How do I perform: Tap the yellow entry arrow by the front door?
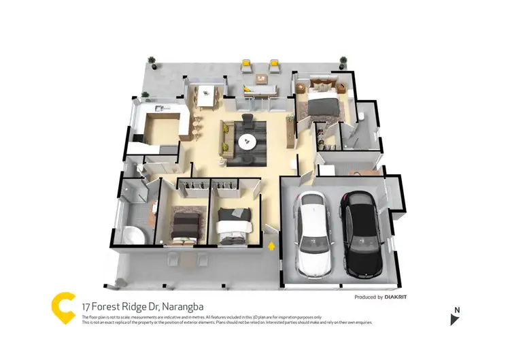(272, 245)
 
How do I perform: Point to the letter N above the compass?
(457, 310)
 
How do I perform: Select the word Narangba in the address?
(164, 308)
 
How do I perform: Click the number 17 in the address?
(86, 308)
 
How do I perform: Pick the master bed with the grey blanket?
(322, 106)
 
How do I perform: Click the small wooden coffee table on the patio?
(260, 78)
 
